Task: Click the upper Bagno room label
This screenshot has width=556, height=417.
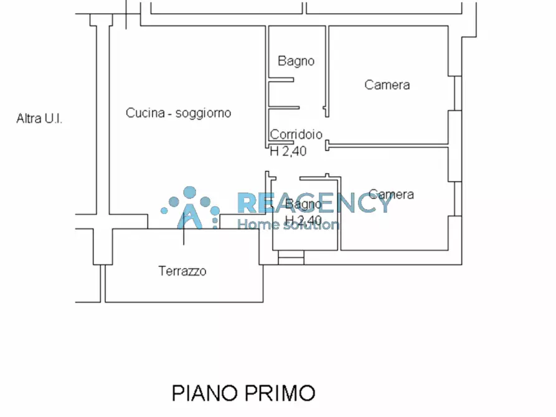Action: tap(296, 61)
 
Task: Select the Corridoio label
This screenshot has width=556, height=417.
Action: tap(296, 134)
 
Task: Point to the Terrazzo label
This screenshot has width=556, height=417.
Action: tap(182, 271)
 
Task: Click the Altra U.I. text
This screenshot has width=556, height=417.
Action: tap(39, 118)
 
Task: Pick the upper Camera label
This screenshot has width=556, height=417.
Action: tap(387, 85)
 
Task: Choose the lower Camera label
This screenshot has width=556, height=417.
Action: tap(391, 194)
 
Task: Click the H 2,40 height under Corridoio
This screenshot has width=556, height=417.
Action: tap(288, 150)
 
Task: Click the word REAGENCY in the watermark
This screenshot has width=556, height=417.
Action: tap(314, 202)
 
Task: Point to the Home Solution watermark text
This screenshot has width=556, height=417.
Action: tap(289, 224)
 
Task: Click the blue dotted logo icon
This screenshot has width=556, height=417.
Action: tap(190, 207)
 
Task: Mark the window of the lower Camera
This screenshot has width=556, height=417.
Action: tap(458, 199)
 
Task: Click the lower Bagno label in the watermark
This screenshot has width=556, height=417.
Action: tap(300, 204)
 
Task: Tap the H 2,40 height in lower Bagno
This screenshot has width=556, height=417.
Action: tap(303, 220)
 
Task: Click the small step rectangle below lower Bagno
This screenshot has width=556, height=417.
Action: tap(291, 257)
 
